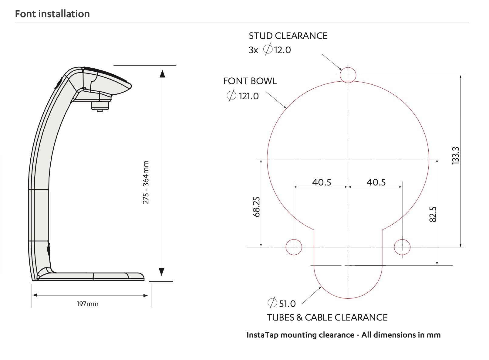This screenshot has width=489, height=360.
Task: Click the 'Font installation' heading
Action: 52,14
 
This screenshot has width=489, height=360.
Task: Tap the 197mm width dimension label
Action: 88,304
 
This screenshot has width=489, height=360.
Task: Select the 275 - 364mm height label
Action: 146,182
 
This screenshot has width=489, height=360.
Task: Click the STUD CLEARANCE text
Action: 288,36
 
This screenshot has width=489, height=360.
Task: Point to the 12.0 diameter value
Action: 282,50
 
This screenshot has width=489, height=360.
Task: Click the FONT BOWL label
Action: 250,81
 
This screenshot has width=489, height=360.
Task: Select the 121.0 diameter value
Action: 249,96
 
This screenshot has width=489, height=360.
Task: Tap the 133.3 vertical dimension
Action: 455,156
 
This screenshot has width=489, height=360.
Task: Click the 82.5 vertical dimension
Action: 433,214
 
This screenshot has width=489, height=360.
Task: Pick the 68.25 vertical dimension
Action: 257,207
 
